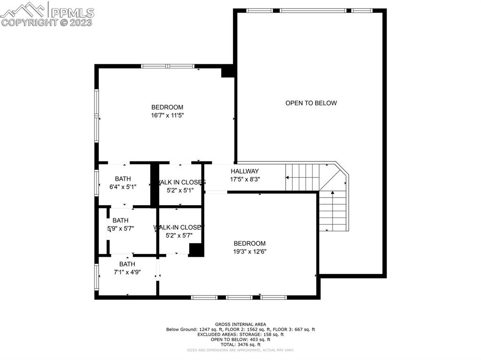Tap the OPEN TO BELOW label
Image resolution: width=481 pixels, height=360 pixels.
click(311, 103)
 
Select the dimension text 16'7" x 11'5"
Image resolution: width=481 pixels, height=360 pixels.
click(167, 115)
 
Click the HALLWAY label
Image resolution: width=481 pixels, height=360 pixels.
click(244, 171)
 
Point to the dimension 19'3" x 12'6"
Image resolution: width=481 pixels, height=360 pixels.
click(250, 251)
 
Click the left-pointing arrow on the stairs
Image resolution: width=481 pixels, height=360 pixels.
click(287, 177)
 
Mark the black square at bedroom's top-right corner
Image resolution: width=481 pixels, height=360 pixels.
click(228, 71)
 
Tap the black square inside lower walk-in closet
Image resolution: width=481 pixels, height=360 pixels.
click(196, 250)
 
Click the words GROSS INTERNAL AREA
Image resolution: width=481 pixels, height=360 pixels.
click(240, 324)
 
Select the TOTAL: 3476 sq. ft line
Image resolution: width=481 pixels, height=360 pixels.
click(240, 344)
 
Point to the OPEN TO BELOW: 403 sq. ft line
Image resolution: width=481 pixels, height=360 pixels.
click(240, 339)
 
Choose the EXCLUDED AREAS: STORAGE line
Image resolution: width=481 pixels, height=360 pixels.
click(240, 334)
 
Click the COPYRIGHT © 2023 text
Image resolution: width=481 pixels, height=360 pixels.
click(47, 22)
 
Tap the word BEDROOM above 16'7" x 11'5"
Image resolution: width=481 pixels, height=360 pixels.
click(167, 107)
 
